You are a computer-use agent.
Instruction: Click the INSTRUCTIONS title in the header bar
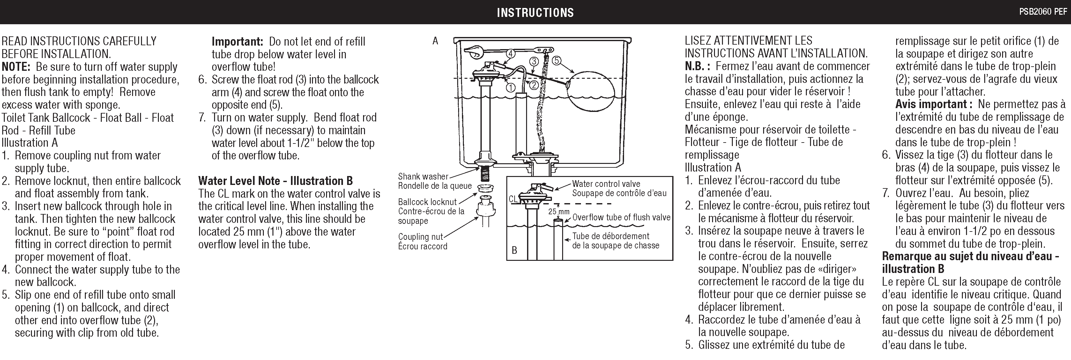click(535, 12)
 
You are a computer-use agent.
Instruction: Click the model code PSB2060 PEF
click(1043, 12)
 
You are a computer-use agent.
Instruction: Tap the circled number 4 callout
click(510, 53)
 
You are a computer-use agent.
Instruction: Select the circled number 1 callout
click(510, 87)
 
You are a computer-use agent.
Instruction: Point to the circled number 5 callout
click(556, 61)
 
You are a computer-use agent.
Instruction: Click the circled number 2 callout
click(534, 85)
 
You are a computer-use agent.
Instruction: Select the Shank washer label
click(423, 176)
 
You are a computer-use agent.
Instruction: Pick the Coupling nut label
click(421, 237)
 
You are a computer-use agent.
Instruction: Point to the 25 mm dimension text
click(558, 212)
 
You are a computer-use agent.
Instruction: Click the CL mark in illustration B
click(513, 199)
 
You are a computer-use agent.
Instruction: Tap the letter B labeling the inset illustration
click(514, 250)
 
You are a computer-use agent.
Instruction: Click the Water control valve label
click(606, 184)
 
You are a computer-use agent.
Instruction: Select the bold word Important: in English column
click(237, 41)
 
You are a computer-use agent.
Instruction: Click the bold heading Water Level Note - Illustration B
click(275, 181)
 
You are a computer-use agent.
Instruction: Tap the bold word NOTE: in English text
click(16, 67)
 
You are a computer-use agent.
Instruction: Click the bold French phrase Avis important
click(931, 104)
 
